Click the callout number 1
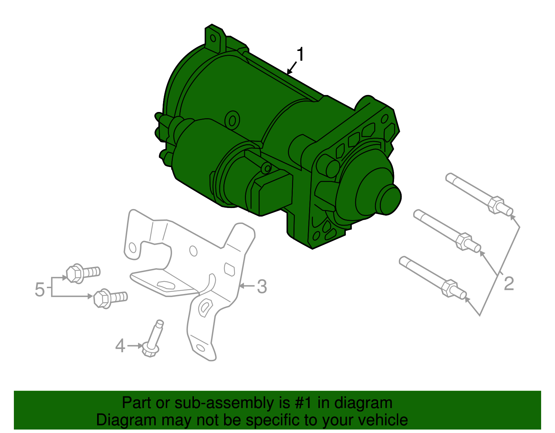[x=300, y=55]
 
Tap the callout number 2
[x=509, y=284]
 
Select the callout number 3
[x=262, y=287]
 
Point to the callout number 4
[x=120, y=346]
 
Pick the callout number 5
[x=40, y=289]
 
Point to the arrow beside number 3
[x=247, y=286]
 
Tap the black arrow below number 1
[x=292, y=68]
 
